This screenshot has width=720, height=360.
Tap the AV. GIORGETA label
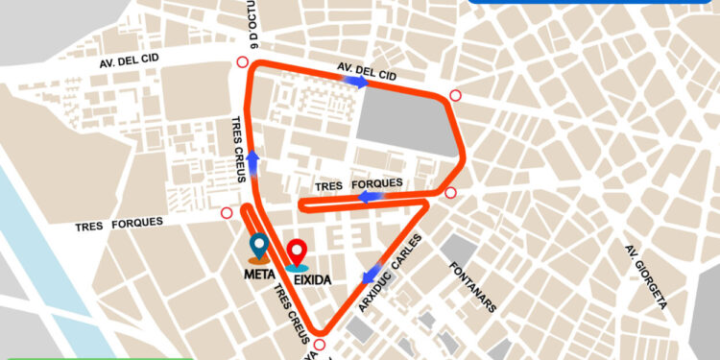(646, 277)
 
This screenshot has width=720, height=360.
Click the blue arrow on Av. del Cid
(356, 83)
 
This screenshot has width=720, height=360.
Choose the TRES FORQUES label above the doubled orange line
(360, 185)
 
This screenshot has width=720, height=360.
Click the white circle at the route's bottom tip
(321, 346)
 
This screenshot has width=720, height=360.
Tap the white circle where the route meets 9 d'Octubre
(239, 63)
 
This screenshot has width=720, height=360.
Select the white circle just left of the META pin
(227, 213)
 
